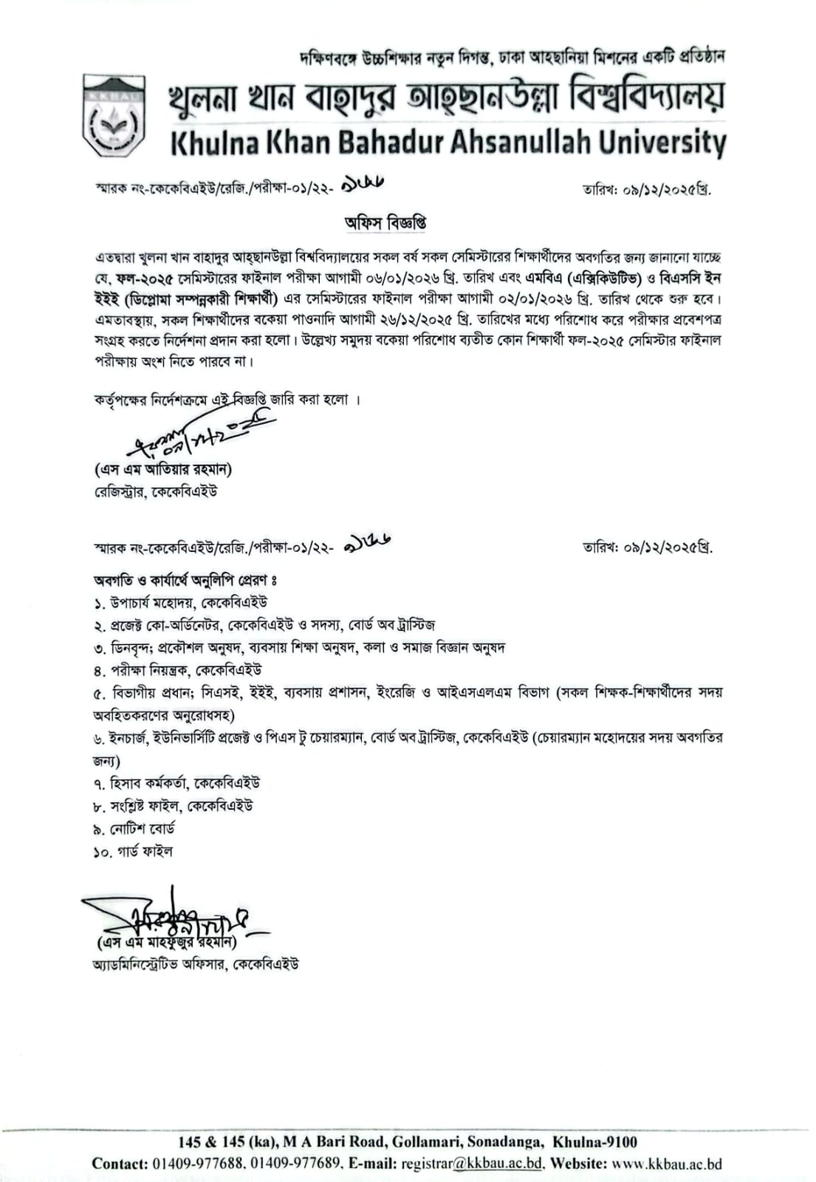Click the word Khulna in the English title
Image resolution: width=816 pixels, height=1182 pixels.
coord(215,143)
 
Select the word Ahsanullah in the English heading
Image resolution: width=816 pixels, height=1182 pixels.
coord(512,143)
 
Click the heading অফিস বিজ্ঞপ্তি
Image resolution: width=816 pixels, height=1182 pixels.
coord(385,222)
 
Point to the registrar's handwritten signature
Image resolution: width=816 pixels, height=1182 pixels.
coord(199,436)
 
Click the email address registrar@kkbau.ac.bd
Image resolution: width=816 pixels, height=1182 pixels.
coord(473,1164)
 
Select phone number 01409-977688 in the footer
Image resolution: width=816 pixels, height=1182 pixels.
coord(198,1164)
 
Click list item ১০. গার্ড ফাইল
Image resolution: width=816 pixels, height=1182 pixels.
coord(133,852)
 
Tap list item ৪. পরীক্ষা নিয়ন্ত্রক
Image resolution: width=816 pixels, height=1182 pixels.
coord(177,671)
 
